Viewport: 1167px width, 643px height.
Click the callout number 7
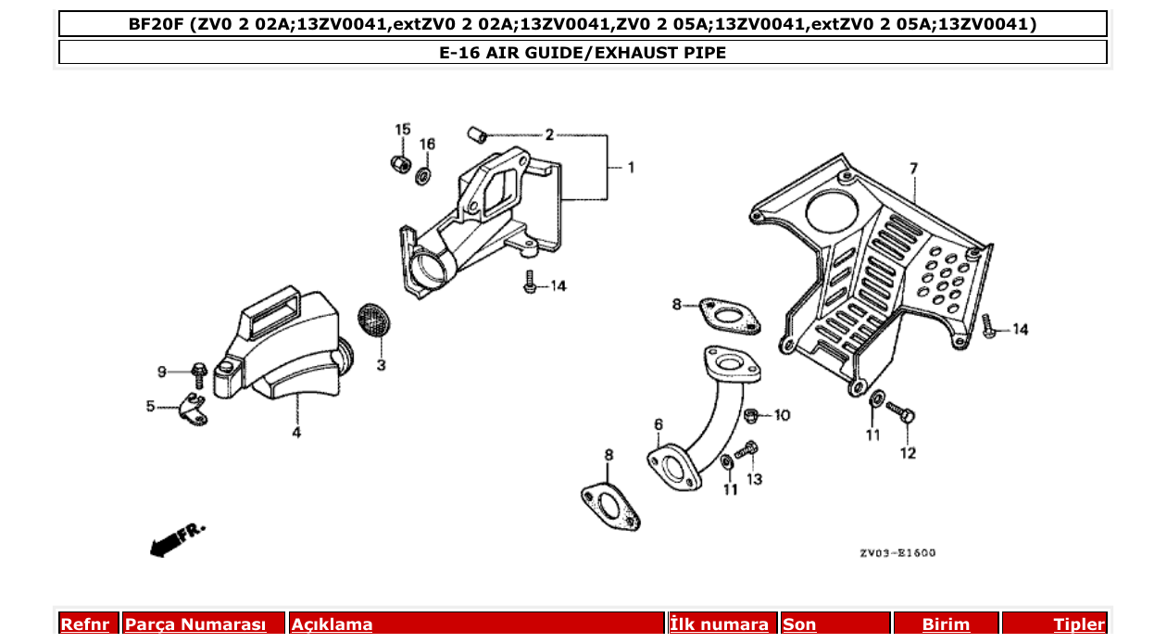[913, 169]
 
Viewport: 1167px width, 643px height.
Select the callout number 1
[631, 168]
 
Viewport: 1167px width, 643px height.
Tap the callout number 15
[402, 129]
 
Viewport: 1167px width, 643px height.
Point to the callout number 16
[427, 144]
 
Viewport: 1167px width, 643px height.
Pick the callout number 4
[296, 433]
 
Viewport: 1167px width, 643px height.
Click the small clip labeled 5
[193, 408]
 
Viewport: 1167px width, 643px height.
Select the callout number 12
[908, 453]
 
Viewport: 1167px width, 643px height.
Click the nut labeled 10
[754, 415]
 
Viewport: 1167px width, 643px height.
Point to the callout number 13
[755, 479]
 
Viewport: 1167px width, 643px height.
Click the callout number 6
[659, 424]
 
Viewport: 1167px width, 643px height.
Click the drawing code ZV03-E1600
[897, 553]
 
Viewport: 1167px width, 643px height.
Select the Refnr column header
[85, 624]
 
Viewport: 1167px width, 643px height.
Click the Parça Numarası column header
[195, 624]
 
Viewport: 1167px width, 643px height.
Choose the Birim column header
[946, 624]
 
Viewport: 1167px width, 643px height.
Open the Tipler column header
[1079, 624]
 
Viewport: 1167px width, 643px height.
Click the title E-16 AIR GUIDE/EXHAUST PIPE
[583, 53]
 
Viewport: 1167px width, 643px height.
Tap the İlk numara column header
[719, 624]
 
